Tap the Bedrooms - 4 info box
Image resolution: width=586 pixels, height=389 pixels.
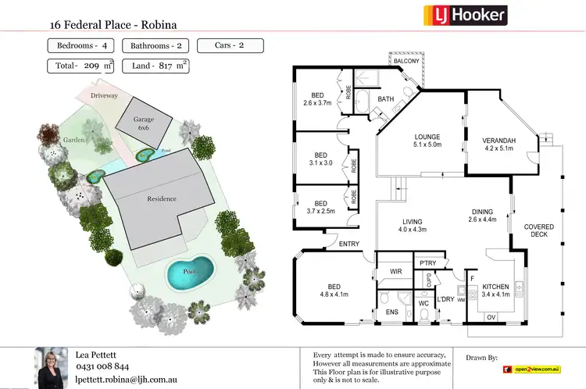(79, 46)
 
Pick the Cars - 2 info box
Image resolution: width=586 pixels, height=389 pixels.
(230, 46)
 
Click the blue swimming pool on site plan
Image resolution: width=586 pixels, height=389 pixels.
(190, 272)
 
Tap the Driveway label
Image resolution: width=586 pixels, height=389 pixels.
(104, 95)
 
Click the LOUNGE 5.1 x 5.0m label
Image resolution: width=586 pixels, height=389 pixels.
(427, 141)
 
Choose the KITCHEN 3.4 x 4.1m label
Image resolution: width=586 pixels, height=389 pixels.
(495, 291)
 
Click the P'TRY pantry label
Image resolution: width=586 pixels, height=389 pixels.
(427, 263)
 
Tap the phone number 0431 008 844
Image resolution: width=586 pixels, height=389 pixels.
(102, 366)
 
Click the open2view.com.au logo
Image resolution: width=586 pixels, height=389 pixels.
(534, 368)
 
